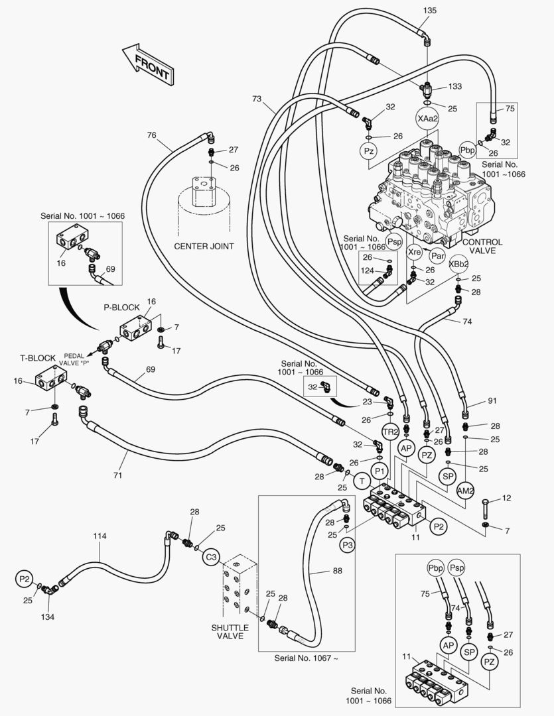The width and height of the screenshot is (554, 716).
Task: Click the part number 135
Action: point(430,11)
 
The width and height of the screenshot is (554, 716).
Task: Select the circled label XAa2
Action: point(428,118)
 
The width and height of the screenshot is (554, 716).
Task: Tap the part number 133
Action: point(455,86)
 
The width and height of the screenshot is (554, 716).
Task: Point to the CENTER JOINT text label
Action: point(204,246)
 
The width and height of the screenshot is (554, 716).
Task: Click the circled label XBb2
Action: point(458,263)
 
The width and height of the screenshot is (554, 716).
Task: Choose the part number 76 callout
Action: point(152,135)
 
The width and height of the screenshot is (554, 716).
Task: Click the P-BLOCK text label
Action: point(121,308)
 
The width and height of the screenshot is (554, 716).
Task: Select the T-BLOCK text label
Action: point(37,358)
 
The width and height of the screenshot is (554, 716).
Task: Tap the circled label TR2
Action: point(390,432)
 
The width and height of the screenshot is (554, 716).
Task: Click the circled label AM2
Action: point(466,490)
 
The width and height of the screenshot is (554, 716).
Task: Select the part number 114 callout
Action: point(100,536)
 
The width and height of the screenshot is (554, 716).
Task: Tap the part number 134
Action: point(47,617)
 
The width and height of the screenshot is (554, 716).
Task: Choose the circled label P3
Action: point(348,545)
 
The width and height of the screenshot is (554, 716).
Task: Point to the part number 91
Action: point(492,400)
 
